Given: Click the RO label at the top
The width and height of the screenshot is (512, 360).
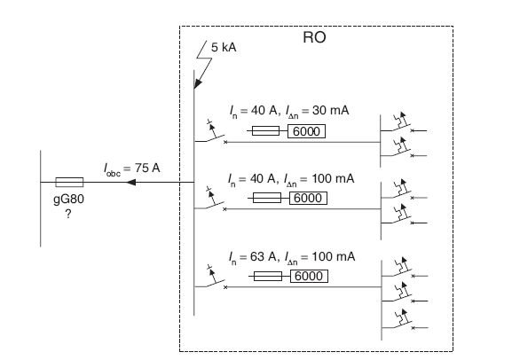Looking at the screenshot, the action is pyautogui.click(x=314, y=37).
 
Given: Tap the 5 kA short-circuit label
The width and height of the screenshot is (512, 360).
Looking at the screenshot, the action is pyautogui.click(x=224, y=47).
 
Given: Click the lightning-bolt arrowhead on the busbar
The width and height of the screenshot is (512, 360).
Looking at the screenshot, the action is pyautogui.click(x=198, y=83).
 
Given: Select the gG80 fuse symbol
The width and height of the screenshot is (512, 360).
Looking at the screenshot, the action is pyautogui.click(x=69, y=182).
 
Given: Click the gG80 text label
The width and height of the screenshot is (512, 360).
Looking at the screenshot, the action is pyautogui.click(x=68, y=199).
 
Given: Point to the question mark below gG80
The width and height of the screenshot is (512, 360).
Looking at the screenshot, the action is pyautogui.click(x=68, y=214).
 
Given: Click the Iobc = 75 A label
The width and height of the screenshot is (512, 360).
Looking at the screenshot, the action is pyautogui.click(x=132, y=168).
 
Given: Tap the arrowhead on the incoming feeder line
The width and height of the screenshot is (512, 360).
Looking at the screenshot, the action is pyautogui.click(x=131, y=182).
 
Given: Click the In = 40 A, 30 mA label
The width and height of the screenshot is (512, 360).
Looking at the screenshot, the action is pyautogui.click(x=289, y=111).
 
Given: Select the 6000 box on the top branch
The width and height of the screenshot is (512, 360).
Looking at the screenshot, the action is pyautogui.click(x=306, y=131).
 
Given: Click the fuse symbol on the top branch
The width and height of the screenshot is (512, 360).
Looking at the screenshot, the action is pyautogui.click(x=265, y=131).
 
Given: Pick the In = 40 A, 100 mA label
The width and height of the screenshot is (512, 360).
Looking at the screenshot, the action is pyautogui.click(x=291, y=179).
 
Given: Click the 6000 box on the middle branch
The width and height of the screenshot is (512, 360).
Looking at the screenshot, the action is pyautogui.click(x=308, y=198).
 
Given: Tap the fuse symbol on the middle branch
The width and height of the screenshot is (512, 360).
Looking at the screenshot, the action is pyautogui.click(x=267, y=198).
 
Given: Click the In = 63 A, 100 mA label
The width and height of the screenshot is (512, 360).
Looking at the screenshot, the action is pyautogui.click(x=292, y=257).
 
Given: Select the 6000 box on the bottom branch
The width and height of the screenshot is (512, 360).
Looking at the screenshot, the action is pyautogui.click(x=309, y=276).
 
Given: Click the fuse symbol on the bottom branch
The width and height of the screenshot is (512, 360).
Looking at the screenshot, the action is pyautogui.click(x=268, y=276).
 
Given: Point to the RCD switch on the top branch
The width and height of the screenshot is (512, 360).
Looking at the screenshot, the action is pyautogui.click(x=211, y=133).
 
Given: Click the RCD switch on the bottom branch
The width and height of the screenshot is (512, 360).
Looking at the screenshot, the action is pyautogui.click(x=211, y=278).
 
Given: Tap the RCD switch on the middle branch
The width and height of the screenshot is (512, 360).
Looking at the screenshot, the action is pyautogui.click(x=210, y=200).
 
